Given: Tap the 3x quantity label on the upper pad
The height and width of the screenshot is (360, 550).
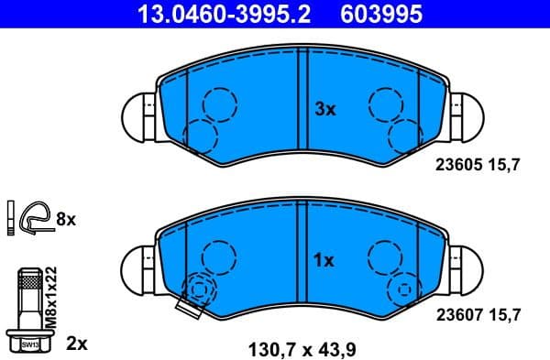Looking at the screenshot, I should [x=325, y=109].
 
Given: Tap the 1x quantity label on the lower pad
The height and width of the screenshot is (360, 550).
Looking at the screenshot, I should [x=324, y=260].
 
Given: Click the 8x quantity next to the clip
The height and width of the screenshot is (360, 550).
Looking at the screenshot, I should [x=67, y=219].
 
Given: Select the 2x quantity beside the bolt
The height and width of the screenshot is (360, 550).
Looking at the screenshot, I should [x=77, y=344].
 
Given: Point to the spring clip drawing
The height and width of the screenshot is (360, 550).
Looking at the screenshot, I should [x=34, y=218].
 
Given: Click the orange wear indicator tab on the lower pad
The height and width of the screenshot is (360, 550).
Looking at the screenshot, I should [x=188, y=310].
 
